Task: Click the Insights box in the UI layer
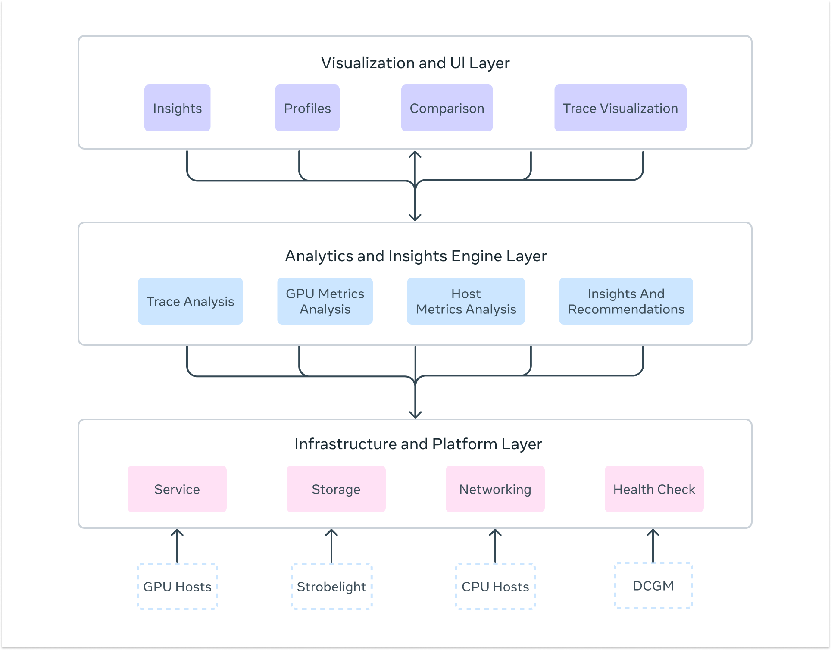coord(177,108)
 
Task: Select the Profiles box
coord(307,108)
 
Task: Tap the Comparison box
coord(447,108)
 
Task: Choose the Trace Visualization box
coord(620,108)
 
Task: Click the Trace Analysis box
coord(190,301)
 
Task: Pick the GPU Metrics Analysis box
coord(325,301)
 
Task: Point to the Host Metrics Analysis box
coord(466,301)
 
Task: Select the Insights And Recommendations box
coord(626,301)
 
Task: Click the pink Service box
coord(177,489)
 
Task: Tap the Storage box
coord(336,489)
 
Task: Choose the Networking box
coord(495,489)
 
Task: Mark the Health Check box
coord(654,489)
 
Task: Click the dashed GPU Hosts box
coord(177,586)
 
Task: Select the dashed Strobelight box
coord(331,586)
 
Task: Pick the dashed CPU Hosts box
coord(495,586)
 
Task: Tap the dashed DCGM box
coord(653,585)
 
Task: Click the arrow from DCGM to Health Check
coord(653,546)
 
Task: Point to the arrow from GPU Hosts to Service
coord(177,546)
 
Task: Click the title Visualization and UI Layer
coord(415,63)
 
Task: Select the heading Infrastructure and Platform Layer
coord(418,444)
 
